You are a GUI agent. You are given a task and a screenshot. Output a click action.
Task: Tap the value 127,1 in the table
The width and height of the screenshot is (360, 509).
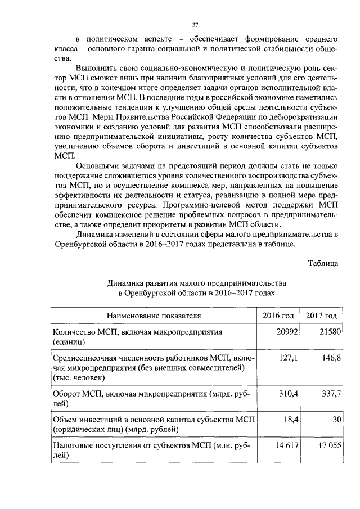(288, 358)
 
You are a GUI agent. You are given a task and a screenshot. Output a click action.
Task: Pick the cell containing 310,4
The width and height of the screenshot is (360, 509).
(288, 394)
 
